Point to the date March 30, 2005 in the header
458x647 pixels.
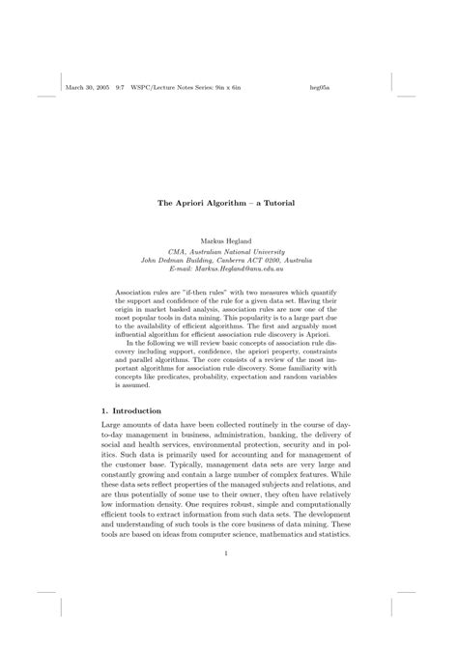pos(85,88)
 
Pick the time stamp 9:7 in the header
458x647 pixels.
pos(120,88)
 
